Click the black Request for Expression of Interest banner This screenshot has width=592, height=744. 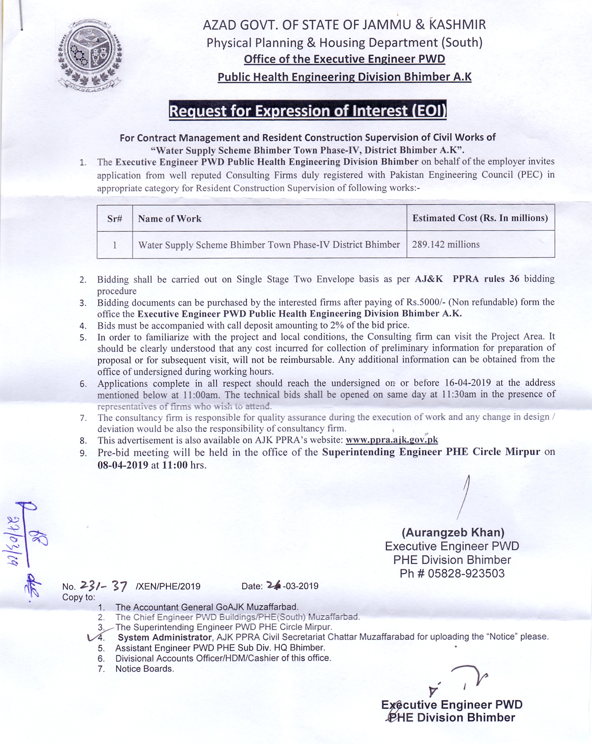click(x=308, y=111)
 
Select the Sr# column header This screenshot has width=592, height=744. click(x=115, y=219)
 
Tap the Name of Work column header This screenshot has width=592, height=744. click(x=170, y=219)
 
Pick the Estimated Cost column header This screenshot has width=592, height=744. click(x=480, y=218)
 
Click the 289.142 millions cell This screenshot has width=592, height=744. click(x=446, y=245)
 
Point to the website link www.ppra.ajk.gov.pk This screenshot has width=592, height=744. click(x=392, y=440)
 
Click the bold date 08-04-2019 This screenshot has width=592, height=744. click(x=123, y=465)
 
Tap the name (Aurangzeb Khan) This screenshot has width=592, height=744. click(x=453, y=532)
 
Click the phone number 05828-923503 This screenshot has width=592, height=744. click(x=466, y=573)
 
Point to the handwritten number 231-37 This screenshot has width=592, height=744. click(x=103, y=586)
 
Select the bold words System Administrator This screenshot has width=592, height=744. click(x=165, y=637)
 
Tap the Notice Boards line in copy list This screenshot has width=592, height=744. click(x=144, y=669)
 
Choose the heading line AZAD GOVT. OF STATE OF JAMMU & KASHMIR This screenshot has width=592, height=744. click(x=344, y=25)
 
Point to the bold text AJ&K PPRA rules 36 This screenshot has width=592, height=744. click(x=467, y=279)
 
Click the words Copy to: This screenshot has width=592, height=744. click(x=79, y=597)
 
